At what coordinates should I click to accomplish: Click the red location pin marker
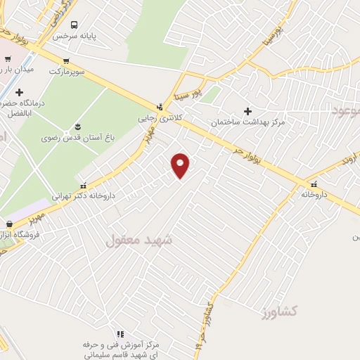point(181,165)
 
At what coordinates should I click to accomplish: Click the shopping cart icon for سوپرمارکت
point(66,60)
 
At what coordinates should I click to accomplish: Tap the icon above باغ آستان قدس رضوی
point(77,127)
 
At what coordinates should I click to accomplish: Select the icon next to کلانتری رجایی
point(161,108)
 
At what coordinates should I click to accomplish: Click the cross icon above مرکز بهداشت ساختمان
point(247,110)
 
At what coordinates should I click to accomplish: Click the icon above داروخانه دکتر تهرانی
point(84,186)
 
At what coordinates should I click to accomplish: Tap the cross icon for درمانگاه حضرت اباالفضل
point(19,93)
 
